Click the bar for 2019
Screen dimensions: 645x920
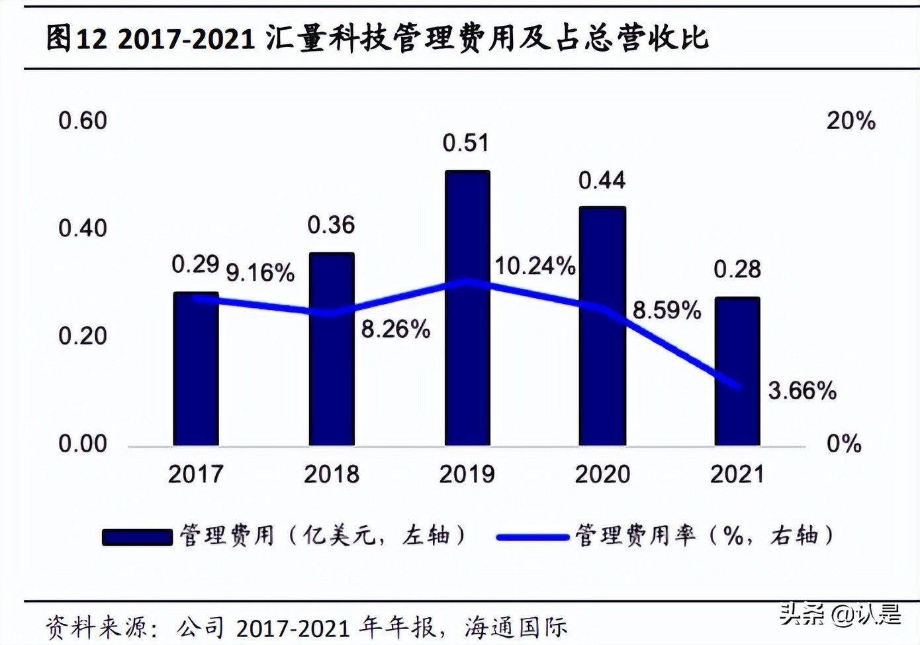coord(467,308)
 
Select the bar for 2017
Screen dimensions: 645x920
coord(196,369)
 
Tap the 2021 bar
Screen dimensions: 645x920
coord(737,371)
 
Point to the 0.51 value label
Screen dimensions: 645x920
coord(465,143)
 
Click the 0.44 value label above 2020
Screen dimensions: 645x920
coord(602,180)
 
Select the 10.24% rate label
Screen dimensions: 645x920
coord(535,266)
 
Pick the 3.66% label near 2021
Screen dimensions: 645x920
coord(802,391)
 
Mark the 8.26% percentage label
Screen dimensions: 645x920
coord(395,328)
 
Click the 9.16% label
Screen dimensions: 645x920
coord(260,272)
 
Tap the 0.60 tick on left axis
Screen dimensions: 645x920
coord(83,121)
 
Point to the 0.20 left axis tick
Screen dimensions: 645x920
coord(83,336)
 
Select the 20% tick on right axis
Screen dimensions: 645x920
coord(851,121)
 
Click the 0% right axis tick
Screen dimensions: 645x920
coord(844,444)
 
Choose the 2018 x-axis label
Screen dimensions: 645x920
coord(331,474)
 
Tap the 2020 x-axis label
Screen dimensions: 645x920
coord(602,474)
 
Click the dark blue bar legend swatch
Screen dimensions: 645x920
coord(137,536)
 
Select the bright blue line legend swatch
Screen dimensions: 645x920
coord(532,537)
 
